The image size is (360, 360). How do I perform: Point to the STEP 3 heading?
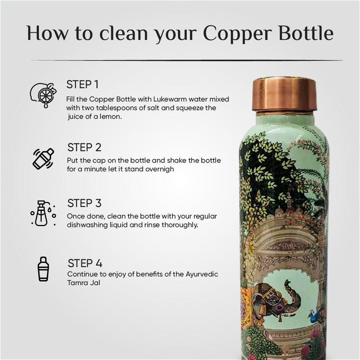pyautogui.click(x=84, y=203)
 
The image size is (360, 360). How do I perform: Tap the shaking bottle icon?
pyautogui.click(x=43, y=158)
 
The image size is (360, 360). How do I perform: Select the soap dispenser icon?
pyautogui.click(x=43, y=213)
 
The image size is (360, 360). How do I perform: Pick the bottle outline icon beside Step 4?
pyautogui.click(x=43, y=269)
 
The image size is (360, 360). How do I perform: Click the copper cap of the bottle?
pyautogui.click(x=284, y=94)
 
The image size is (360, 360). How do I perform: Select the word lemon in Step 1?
pyautogui.click(x=110, y=117)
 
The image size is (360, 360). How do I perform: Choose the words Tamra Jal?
pyautogui.click(x=84, y=283)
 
